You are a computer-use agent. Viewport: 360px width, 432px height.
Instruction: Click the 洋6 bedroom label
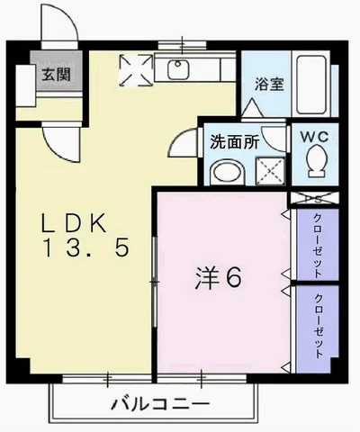(218, 279)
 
